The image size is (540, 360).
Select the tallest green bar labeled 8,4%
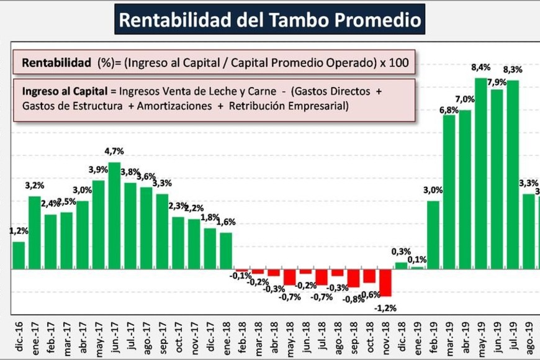pos(481,174)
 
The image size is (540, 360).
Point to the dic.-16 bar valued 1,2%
pos(19,256)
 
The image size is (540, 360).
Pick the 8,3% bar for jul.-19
pos(513,175)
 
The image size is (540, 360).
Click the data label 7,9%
pos(497,82)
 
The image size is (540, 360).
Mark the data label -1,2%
pos(386,307)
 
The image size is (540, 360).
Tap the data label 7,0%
pos(464,99)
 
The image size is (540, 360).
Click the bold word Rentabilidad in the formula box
pos(57,63)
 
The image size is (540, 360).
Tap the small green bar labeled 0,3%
pos(401,266)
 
